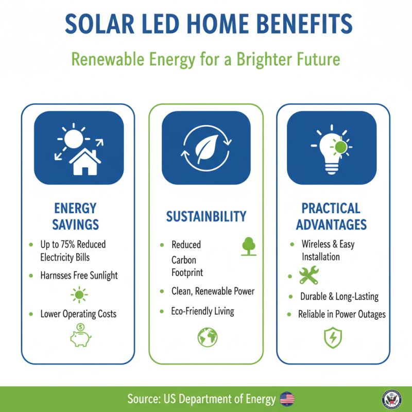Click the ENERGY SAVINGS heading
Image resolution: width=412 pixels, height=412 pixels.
(75, 216)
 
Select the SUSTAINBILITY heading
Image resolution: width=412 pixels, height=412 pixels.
(206, 216)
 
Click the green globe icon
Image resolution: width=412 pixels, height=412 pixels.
(208, 337)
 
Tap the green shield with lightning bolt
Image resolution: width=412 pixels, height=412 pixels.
(331, 338)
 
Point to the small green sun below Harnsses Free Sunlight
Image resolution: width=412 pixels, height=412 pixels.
(79, 296)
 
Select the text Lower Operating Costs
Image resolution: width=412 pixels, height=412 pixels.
(79, 314)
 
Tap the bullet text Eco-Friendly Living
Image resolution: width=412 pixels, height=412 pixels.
(202, 311)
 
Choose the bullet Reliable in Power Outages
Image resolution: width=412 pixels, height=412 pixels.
(341, 314)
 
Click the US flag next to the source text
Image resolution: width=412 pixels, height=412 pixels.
(287, 399)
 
